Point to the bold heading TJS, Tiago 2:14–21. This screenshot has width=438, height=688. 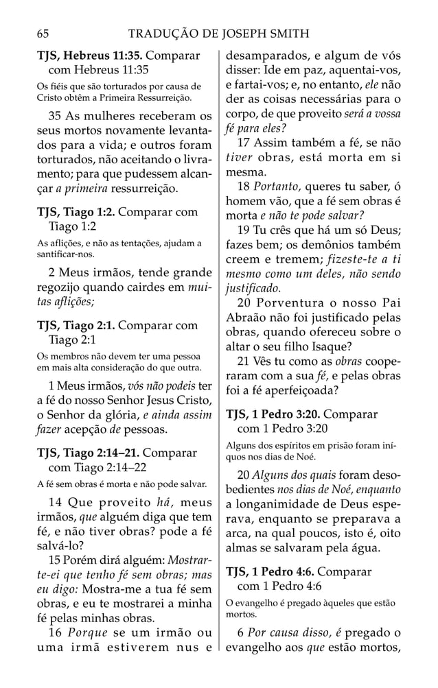(x=87, y=453)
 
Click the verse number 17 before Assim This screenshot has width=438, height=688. (x=244, y=143)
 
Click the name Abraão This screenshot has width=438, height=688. (x=246, y=318)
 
